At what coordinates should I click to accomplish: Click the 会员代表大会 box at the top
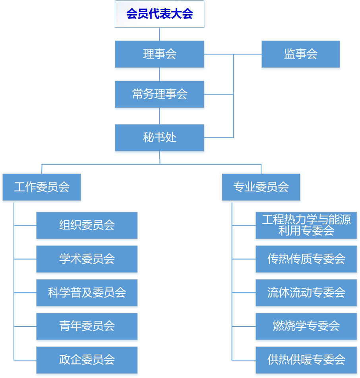tap(159, 14)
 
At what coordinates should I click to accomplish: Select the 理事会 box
tap(159, 54)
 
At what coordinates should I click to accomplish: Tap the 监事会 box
tap(300, 54)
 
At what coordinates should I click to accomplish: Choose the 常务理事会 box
tap(159, 94)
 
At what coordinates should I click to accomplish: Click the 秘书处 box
tap(159, 137)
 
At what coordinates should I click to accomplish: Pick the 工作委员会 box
tap(42, 187)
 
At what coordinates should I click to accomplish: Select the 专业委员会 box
tap(261, 187)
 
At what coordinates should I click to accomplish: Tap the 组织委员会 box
tap(87, 225)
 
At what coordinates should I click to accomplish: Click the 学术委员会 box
tap(87, 259)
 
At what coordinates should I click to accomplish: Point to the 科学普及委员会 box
tap(87, 293)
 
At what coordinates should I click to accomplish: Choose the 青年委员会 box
tap(87, 326)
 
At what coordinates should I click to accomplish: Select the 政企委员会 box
tap(87, 360)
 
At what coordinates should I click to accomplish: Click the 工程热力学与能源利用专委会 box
tap(306, 225)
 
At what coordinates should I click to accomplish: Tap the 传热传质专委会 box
tap(306, 259)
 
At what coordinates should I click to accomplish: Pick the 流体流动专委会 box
tap(306, 293)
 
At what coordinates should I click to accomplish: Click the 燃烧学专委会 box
tap(306, 326)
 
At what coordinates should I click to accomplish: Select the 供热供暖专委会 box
tap(306, 360)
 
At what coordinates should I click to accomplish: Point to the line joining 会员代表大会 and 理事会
tap(160, 34)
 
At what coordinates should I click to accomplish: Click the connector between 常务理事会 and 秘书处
tap(160, 116)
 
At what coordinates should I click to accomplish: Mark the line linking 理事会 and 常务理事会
tap(160, 74)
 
